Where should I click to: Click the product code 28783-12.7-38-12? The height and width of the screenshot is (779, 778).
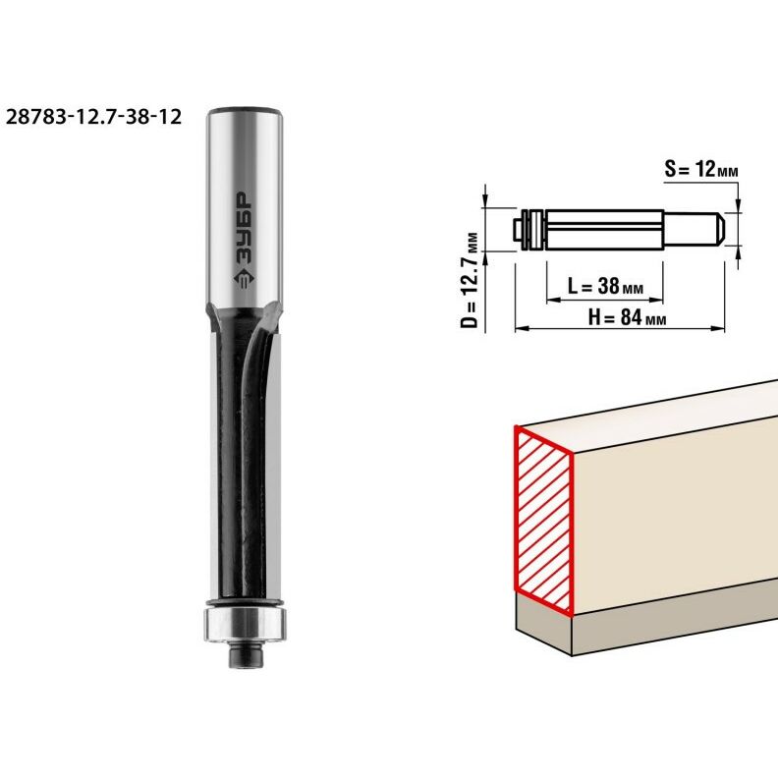[94, 117]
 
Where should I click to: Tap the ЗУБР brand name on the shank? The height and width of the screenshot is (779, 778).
[244, 228]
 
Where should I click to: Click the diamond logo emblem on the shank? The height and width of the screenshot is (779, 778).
[244, 280]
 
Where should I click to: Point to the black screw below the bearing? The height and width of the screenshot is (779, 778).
[246, 655]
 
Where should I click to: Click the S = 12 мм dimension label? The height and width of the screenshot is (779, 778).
[701, 169]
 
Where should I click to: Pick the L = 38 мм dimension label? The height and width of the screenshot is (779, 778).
[605, 286]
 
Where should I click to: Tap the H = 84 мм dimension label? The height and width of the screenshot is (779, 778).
[627, 317]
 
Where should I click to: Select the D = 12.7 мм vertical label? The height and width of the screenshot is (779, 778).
[470, 281]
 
